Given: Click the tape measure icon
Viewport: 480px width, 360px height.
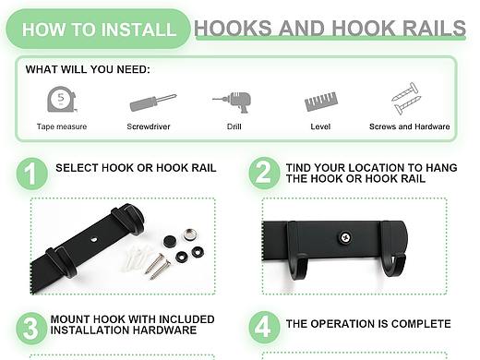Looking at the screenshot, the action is tap(62, 99).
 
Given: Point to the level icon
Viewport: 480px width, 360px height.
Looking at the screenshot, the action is tap(321, 102).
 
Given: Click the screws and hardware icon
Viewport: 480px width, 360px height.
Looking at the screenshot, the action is tap(406, 98).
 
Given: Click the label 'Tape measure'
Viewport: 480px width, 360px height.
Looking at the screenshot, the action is tap(62, 126).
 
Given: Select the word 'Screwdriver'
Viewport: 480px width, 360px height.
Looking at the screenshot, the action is tap(149, 126).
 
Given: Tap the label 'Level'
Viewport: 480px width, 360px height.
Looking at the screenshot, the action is tap(320, 126).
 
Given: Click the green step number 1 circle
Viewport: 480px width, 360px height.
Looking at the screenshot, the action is tap(31, 174).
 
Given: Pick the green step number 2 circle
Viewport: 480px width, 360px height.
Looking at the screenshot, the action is tap(264, 173).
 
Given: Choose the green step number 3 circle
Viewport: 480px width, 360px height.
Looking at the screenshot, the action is tap(31, 329).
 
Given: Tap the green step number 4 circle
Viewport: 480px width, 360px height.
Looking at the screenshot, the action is tap(264, 328).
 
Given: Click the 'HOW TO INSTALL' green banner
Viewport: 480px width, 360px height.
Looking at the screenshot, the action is tap(99, 30).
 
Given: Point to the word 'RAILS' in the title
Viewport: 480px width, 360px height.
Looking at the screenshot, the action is tap(435, 28).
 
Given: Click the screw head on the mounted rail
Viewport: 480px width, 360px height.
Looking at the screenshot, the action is tap(346, 237).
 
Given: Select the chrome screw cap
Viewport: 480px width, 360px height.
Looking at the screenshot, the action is tap(191, 234).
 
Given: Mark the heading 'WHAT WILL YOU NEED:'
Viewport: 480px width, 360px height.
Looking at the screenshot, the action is tap(88, 69).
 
